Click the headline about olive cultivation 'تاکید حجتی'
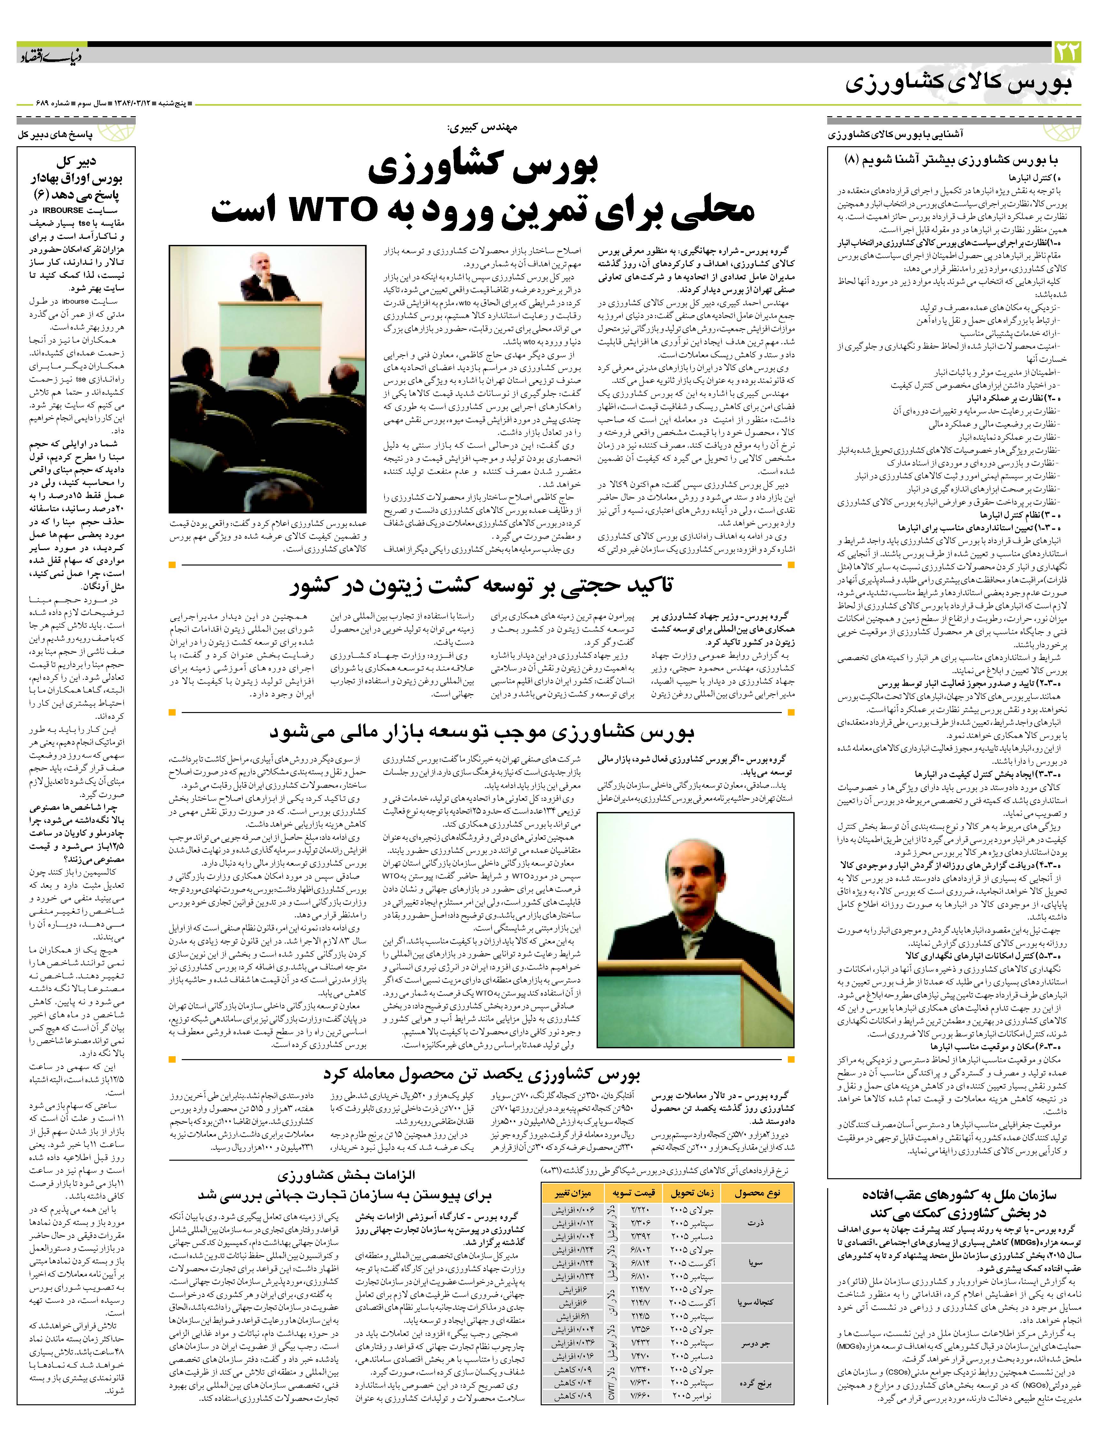(484, 585)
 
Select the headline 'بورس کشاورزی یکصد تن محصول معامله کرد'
(482, 1073)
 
